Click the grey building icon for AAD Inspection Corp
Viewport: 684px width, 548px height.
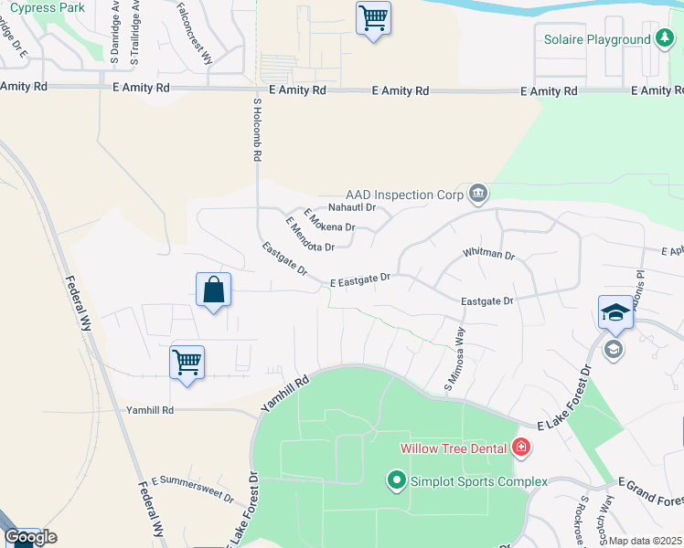pyautogui.click(x=477, y=194)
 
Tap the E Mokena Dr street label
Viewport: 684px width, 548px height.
pyautogui.click(x=329, y=222)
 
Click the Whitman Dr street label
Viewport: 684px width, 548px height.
pyautogui.click(x=488, y=254)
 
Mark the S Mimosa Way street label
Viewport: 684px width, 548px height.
pyautogui.click(x=454, y=356)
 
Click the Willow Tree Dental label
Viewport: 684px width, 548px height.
pyautogui.click(x=454, y=448)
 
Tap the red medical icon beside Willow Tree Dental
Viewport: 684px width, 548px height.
pyautogui.click(x=520, y=448)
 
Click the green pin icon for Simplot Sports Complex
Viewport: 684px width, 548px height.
pyautogui.click(x=397, y=479)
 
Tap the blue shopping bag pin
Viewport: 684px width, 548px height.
pyautogui.click(x=213, y=290)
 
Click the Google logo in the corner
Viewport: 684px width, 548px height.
pyautogui.click(x=30, y=538)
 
